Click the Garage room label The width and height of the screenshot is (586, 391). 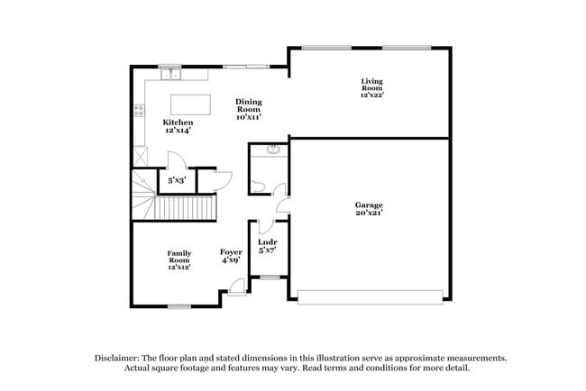click(x=368, y=205)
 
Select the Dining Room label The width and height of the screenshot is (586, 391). click(x=248, y=105)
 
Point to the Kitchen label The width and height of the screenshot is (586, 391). click(x=177, y=122)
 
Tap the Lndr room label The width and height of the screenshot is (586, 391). click(x=267, y=242)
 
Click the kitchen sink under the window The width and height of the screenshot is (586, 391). click(x=170, y=74)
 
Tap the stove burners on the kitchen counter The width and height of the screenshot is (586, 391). click(x=140, y=112)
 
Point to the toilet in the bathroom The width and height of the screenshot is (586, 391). click(x=258, y=186)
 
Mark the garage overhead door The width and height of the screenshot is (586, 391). click(x=371, y=296)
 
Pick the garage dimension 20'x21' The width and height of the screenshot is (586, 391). click(x=368, y=214)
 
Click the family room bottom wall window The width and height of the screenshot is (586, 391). click(x=178, y=307)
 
